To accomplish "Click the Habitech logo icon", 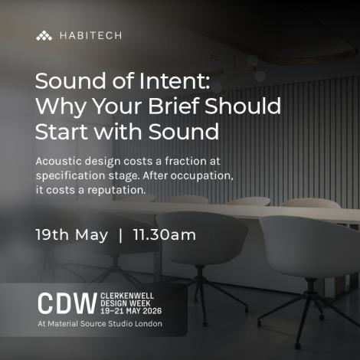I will [x=44, y=35].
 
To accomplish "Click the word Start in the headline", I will [x=62, y=131].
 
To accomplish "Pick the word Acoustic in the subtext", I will [x=63, y=162].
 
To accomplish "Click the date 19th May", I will [x=72, y=234].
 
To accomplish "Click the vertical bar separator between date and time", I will [x=121, y=234].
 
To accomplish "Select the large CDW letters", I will [x=66, y=302].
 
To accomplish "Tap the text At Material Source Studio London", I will [x=100, y=325].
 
